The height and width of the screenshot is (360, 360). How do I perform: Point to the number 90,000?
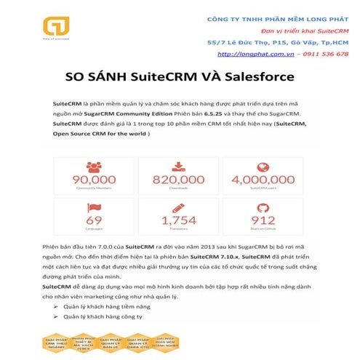point(94,179)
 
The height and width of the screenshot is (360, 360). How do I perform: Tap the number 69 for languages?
point(94,219)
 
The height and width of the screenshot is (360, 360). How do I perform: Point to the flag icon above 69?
point(94,205)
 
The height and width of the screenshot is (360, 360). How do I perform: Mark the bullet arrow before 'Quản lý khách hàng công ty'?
point(56,317)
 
